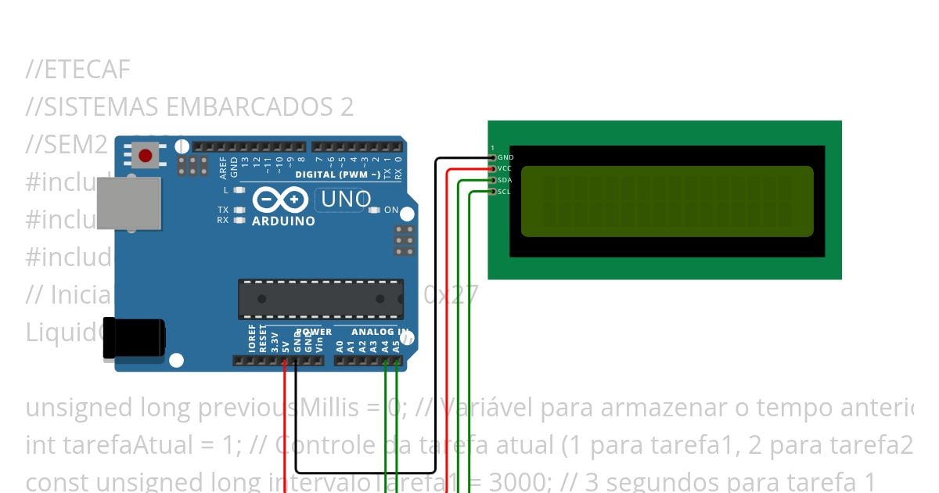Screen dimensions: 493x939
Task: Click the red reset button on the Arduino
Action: coord(145,156)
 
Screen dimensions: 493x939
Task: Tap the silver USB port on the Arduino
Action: coord(129,203)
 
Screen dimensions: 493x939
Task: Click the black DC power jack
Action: coord(134,337)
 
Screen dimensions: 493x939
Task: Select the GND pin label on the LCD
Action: coord(505,158)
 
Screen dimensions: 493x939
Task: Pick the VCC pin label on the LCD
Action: coord(505,169)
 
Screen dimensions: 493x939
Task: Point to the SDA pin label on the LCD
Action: coord(505,181)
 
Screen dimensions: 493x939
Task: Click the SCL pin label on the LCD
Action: coord(505,192)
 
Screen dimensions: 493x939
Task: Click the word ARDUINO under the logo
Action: coord(283,221)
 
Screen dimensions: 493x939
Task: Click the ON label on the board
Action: coord(391,211)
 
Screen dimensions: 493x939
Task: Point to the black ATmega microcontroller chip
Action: coord(321,299)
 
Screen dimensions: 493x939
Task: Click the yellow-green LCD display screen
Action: coord(667,200)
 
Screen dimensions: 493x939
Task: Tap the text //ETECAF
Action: coord(77,70)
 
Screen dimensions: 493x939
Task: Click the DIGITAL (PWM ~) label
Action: coord(337,175)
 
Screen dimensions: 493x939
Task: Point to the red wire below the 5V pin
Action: coord(285,423)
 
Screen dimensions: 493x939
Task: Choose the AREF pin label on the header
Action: coord(223,165)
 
